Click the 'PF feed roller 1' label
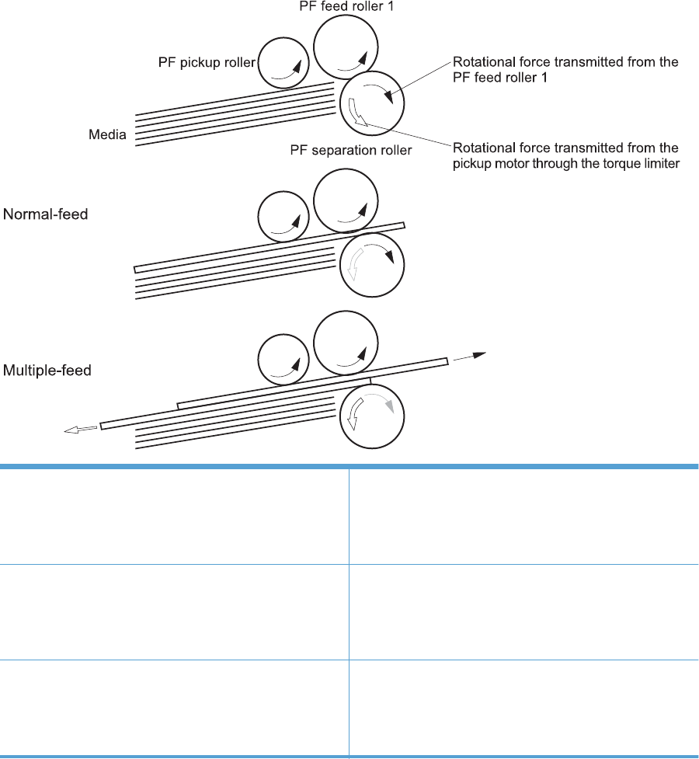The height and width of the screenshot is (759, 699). tap(350, 6)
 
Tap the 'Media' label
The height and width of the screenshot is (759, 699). tap(108, 135)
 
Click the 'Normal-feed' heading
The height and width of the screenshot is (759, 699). tap(45, 213)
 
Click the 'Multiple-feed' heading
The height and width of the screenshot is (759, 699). tap(47, 371)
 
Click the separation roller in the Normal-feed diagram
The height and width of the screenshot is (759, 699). tap(371, 264)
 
